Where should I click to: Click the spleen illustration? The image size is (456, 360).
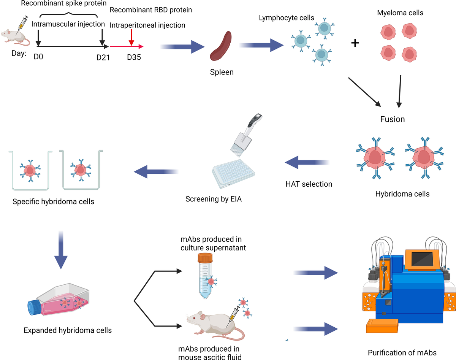coord(221,47)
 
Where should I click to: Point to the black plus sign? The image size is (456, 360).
coord(355,43)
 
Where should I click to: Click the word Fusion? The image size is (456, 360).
coord(393,119)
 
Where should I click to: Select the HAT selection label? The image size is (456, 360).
coord(309,184)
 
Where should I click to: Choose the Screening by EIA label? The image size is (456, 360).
coord(214,199)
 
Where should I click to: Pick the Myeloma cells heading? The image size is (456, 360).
coord(400,13)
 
